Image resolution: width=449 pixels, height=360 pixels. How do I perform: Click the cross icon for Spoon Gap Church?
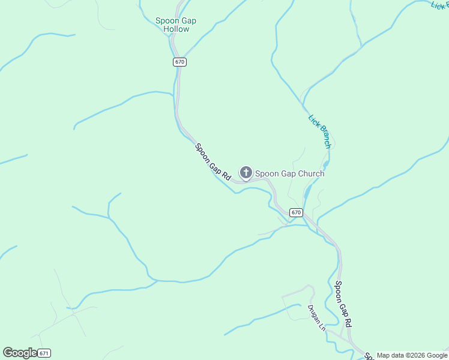246,173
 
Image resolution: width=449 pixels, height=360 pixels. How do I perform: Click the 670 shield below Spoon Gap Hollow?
179,62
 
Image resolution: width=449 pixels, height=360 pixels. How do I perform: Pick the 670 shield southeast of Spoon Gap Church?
295,212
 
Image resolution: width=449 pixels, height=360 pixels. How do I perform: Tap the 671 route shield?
44,353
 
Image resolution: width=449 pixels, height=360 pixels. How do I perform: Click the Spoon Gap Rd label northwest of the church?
212,162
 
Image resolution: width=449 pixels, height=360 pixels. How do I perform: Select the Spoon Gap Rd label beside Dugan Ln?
343,304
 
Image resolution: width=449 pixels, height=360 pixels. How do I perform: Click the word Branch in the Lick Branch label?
324,136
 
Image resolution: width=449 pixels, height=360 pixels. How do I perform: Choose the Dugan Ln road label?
316,319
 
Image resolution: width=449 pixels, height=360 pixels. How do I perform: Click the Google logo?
19,353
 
